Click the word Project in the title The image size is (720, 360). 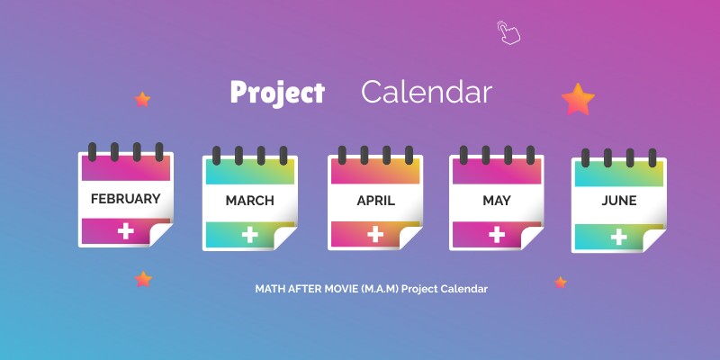tap(276, 93)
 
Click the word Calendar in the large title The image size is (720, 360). tap(427, 93)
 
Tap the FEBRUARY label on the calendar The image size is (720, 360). tap(125, 198)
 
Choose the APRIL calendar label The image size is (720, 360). tap(375, 201)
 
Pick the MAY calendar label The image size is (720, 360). tap(496, 201)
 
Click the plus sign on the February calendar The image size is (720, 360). tap(125, 231)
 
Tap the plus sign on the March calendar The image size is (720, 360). tap(249, 235)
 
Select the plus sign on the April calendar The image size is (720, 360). tap(375, 234)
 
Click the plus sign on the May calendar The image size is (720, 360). tap(496, 234)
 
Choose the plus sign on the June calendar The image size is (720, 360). tap(618, 237)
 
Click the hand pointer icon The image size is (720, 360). tap(508, 32)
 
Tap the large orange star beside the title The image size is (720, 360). tap(578, 99)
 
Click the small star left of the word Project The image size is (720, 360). tap(142, 99)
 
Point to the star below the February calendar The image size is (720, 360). tap(143, 280)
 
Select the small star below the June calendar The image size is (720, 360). tap(561, 283)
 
